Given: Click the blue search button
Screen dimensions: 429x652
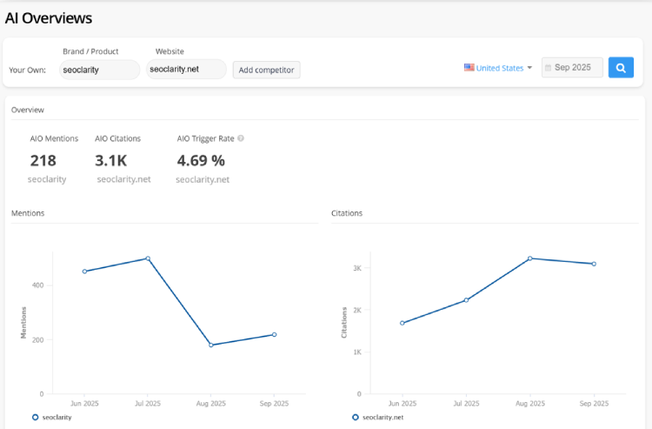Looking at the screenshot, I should point(621,68).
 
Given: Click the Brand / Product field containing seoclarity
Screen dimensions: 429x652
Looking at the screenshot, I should point(99,70).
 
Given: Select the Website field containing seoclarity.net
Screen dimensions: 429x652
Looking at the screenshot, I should point(186,70).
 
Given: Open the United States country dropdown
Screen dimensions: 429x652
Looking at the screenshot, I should point(498,68).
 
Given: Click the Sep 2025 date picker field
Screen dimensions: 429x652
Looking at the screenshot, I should point(572,68).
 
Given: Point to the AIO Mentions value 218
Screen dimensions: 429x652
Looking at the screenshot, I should point(43,160).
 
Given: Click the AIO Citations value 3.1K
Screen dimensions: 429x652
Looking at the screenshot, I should point(110,160).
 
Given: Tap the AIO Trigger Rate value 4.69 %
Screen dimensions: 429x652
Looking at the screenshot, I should point(201,160).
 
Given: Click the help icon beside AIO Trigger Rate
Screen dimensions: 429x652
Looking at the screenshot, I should point(241,138).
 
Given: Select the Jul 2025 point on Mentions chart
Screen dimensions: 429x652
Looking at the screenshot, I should point(148,258).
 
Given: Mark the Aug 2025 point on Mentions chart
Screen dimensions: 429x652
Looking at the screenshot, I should point(211,345).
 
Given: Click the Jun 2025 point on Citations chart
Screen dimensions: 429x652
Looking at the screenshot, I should point(402,323).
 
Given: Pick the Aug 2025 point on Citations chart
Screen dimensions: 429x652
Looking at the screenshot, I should point(529,258).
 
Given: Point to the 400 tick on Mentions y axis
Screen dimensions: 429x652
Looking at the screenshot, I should point(37,285).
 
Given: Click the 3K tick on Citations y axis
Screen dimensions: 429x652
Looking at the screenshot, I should point(356,268).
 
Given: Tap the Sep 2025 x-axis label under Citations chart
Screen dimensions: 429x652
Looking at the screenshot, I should point(593,404).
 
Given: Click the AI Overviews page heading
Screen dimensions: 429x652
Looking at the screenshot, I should point(49,18).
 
